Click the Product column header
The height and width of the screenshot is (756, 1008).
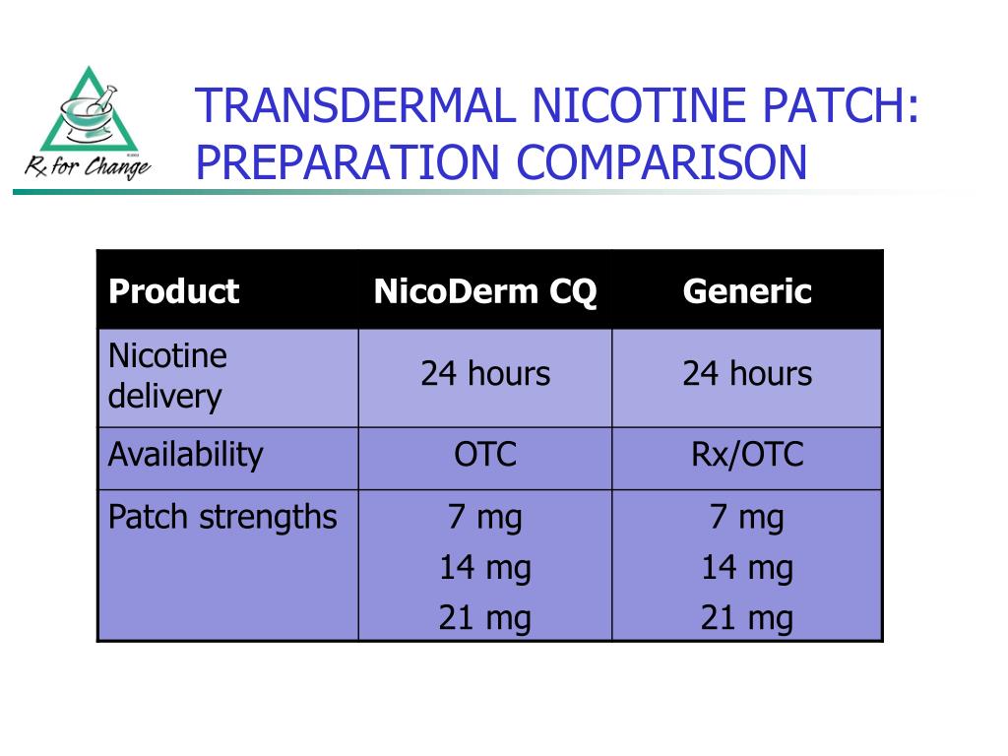pyautogui.click(x=173, y=291)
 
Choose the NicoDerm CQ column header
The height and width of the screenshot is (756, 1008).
pyautogui.click(x=485, y=291)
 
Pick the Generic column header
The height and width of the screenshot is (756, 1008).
pyautogui.click(x=747, y=291)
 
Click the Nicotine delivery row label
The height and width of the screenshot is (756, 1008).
pyautogui.click(x=167, y=376)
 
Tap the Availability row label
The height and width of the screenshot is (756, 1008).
pyautogui.click(x=186, y=455)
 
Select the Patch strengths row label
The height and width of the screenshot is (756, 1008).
pyautogui.click(x=222, y=517)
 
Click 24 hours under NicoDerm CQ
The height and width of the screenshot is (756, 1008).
pyautogui.click(x=485, y=374)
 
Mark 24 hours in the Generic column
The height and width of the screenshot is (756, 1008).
pyautogui.click(x=747, y=374)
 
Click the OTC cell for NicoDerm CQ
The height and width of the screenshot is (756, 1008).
pyautogui.click(x=485, y=455)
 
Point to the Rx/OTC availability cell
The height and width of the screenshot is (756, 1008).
pyautogui.click(x=747, y=455)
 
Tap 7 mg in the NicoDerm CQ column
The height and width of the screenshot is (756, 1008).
pyautogui.click(x=485, y=517)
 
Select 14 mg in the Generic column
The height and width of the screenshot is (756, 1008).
pyautogui.click(x=747, y=568)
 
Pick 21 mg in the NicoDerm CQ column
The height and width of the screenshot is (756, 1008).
pyautogui.click(x=485, y=618)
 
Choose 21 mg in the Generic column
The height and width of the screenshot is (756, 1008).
pyautogui.click(x=747, y=618)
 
